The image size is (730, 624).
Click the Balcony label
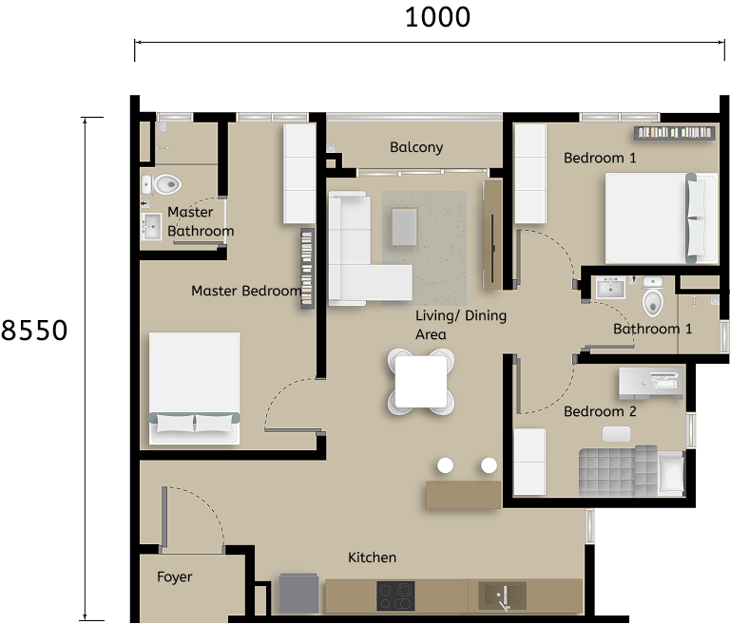[x=416, y=147]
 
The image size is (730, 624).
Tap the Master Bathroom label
[x=200, y=221]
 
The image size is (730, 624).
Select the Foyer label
[x=175, y=577]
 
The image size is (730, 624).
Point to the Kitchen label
[x=372, y=558]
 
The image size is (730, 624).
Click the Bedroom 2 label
[x=600, y=411]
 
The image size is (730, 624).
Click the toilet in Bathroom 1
[x=653, y=300]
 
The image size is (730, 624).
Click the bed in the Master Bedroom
[x=194, y=388]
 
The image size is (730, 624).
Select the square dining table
[x=421, y=381]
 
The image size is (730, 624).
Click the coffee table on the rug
[x=404, y=226]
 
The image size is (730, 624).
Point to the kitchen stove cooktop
[x=395, y=596]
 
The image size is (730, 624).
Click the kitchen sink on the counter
[x=503, y=596]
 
